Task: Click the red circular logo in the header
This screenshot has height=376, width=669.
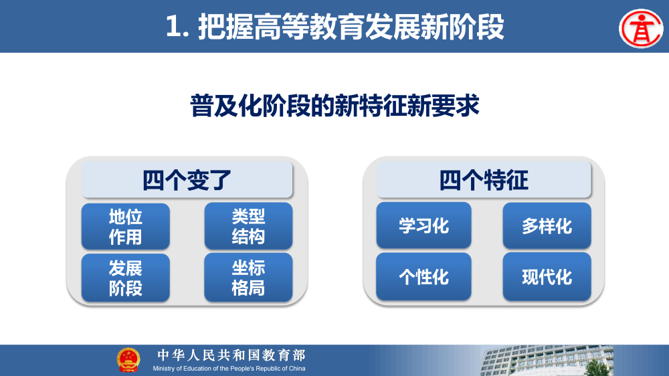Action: [x=640, y=28]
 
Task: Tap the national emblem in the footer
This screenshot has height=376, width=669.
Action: [x=128, y=360]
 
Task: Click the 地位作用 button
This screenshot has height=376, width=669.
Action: [x=126, y=226]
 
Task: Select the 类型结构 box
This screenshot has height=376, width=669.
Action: [x=248, y=226]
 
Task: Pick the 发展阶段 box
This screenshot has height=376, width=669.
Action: [x=126, y=278]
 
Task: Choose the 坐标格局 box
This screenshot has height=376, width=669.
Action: [x=248, y=278]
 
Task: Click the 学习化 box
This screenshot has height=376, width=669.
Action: [x=423, y=225]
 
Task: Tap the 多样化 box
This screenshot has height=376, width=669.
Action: [x=547, y=225]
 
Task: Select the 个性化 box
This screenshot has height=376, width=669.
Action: [x=423, y=276]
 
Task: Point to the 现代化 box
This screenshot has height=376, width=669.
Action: [x=547, y=276]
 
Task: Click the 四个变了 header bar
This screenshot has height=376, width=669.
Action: [x=187, y=180]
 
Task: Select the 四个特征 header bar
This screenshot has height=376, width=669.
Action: [x=484, y=180]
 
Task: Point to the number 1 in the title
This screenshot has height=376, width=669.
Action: [x=173, y=27]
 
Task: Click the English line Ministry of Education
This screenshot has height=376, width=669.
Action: [x=229, y=369]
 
